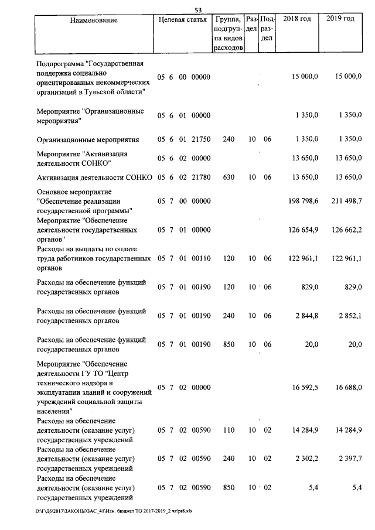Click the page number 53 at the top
198,10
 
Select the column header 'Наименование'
93,20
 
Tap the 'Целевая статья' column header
182,20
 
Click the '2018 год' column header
296,20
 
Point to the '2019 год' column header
340,20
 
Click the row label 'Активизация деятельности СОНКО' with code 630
94,177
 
